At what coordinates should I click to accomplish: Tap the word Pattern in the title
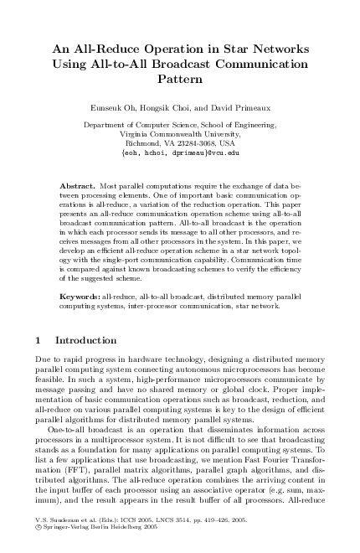180,81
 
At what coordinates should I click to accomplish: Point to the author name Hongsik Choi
171,108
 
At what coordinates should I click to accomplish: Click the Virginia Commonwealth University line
180,134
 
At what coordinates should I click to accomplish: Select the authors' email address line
180,153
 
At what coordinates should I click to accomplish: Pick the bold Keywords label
80,297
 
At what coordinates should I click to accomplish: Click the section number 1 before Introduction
39,341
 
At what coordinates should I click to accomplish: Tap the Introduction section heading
85,341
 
